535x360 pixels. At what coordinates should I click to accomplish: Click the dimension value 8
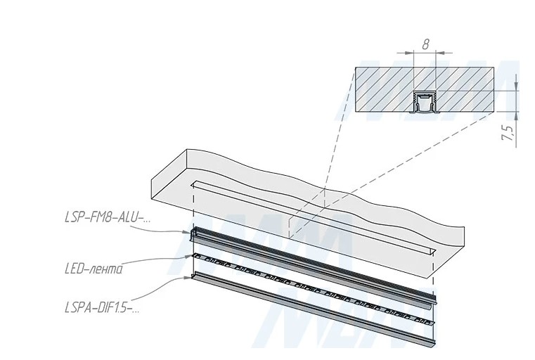[425, 45]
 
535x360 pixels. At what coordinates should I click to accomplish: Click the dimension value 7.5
[508, 133]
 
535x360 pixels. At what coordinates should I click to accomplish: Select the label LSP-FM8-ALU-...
[108, 217]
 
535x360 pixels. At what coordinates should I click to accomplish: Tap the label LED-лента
[93, 269]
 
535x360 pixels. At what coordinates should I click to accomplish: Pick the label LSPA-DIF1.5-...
[102, 308]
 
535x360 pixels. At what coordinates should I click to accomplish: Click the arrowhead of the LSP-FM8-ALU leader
[187, 232]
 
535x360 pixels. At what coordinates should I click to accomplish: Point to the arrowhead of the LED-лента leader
[188, 256]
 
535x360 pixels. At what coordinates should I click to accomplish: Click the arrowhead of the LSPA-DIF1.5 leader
[188, 278]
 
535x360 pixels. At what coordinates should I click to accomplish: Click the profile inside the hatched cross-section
[425, 101]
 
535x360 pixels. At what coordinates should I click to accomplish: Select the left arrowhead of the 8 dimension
[409, 53]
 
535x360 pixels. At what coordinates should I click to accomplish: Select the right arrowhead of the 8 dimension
[440, 53]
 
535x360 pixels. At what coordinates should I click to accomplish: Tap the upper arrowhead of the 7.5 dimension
[516, 86]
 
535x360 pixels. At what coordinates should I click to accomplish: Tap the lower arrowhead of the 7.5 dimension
[516, 116]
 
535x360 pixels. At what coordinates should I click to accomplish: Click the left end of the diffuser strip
[194, 276]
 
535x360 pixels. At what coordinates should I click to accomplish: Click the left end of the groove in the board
[193, 184]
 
